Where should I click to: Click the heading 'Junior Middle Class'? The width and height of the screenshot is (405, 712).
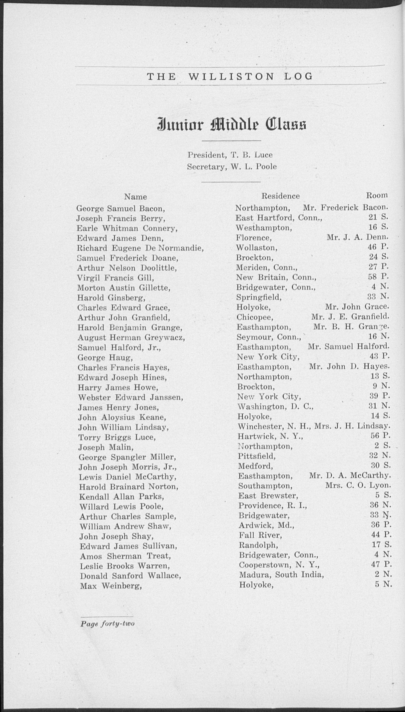click(x=231, y=125)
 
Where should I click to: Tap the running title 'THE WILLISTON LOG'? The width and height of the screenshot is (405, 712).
click(x=230, y=76)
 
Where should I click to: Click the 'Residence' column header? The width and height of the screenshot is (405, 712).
click(x=280, y=196)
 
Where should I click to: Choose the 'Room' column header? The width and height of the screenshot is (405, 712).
click(x=377, y=195)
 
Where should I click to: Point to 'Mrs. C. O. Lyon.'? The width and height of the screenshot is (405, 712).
click(x=358, y=485)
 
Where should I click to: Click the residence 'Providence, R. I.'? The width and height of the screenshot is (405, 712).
click(x=273, y=506)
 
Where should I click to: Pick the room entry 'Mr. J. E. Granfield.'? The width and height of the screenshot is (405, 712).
click(x=350, y=317)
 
